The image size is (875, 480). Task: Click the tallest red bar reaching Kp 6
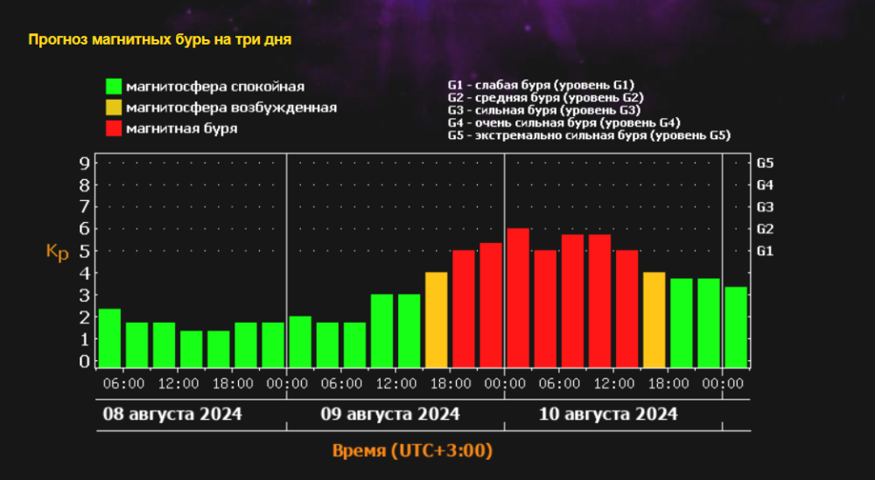coord(518,297)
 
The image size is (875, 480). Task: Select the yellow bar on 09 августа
coord(436,319)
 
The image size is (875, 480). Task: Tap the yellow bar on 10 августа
coord(654,319)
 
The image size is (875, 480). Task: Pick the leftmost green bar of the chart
coord(109,337)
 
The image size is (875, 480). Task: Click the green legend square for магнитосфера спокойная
coord(114,87)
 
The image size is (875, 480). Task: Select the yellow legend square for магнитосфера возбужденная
coord(114,108)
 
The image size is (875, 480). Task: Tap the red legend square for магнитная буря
coord(114,129)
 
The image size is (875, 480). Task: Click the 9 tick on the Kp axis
coord(84,163)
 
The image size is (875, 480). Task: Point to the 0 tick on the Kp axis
coord(84,360)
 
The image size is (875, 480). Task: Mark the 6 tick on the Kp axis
coord(84,228)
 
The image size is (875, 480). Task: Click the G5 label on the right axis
coord(765,163)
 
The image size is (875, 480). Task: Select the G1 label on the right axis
coord(765,251)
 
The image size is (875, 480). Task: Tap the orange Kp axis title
coord(57,251)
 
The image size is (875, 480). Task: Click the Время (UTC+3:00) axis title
coord(411,451)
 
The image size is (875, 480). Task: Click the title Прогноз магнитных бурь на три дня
coord(159,40)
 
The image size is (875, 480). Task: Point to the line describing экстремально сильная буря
coord(588,136)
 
